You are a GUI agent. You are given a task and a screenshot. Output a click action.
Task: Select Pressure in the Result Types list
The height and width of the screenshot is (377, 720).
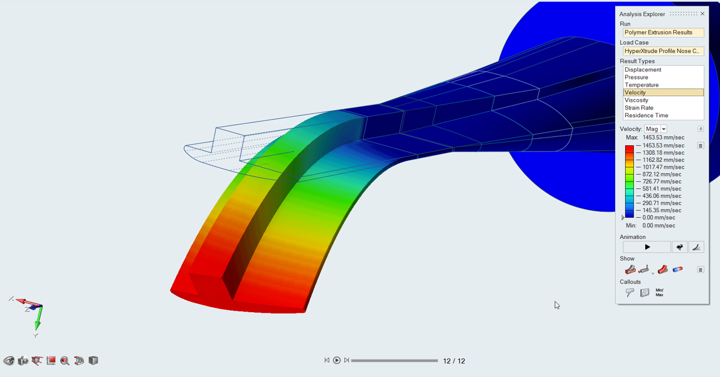pyautogui.click(x=636, y=77)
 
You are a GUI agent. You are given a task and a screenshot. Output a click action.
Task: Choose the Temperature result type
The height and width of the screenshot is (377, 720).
pyautogui.click(x=641, y=85)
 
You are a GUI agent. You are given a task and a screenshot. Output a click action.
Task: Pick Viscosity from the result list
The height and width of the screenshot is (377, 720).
pyautogui.click(x=636, y=100)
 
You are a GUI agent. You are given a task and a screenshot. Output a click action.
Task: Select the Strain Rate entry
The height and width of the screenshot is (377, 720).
pyautogui.click(x=639, y=108)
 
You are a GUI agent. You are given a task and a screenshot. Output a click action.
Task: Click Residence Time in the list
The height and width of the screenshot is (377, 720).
pyautogui.click(x=646, y=115)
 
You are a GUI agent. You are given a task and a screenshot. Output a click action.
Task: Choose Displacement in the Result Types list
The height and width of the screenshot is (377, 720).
pyautogui.click(x=642, y=69)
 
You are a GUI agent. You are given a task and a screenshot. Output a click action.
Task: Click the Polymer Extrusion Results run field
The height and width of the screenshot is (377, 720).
pyautogui.click(x=664, y=32)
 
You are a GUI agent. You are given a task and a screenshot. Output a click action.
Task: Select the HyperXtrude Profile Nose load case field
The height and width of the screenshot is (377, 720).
pyautogui.click(x=664, y=51)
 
